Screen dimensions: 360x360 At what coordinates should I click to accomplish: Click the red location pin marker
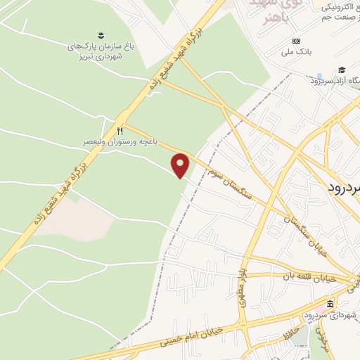(181, 165)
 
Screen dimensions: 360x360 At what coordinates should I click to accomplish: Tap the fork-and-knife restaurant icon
(120, 131)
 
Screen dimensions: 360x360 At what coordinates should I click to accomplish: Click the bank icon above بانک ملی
(297, 41)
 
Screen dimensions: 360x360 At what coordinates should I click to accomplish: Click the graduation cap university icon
(342, 70)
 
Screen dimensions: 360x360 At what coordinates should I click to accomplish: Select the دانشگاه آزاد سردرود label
(335, 80)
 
